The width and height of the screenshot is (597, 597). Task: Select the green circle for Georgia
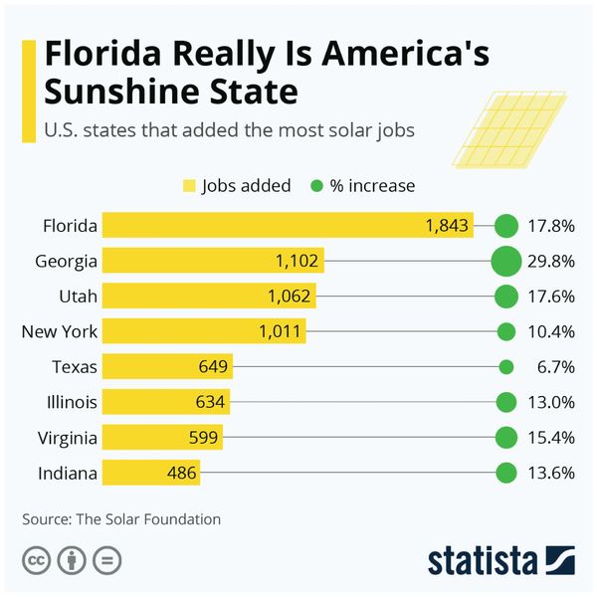coord(505,262)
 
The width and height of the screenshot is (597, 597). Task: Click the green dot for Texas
coord(505,367)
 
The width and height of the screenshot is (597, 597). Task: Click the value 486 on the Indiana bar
coord(180,473)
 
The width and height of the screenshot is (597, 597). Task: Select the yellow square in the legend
coord(189,186)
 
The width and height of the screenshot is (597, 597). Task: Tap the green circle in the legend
coord(317,186)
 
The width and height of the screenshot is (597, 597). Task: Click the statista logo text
coord(482,560)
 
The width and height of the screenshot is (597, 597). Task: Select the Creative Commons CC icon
coord(36,560)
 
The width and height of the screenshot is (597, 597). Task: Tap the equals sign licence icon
coord(105,560)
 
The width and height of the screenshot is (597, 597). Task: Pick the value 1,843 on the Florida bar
coord(447,226)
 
